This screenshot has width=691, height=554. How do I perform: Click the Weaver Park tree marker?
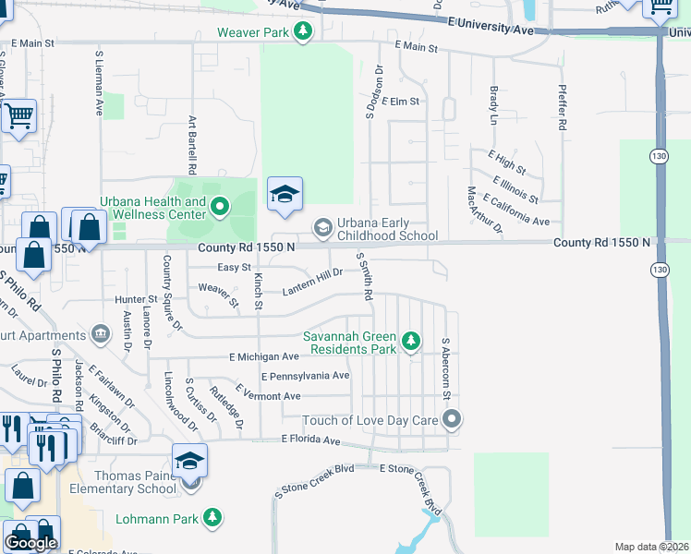pos(302,32)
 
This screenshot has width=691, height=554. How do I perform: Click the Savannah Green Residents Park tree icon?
pos(411,343)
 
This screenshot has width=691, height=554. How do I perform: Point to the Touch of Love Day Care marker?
pos(452,420)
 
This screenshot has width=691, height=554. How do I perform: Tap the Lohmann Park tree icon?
pos(213,517)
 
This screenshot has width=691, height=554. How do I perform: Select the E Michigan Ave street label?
pos(264,356)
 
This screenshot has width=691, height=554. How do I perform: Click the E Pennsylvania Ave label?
pos(306,377)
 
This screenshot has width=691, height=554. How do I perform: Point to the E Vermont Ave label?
pos(268,396)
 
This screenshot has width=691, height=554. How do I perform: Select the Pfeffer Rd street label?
pos(562,109)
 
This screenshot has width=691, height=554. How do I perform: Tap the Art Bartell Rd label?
pos(193,146)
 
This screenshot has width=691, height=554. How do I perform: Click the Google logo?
pos(30,543)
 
